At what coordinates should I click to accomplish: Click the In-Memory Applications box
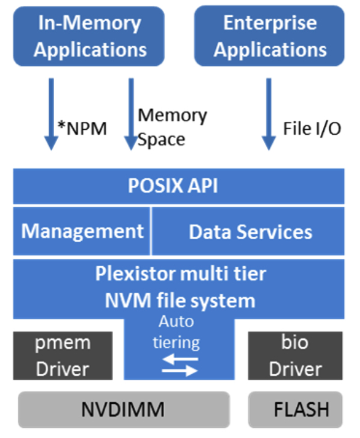pyautogui.click(x=89, y=36)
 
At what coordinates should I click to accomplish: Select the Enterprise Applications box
pyautogui.click(x=269, y=36)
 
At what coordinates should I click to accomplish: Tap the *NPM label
pyautogui.click(x=82, y=129)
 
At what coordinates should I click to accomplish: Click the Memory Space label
pyautogui.click(x=172, y=127)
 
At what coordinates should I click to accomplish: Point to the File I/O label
pyautogui.click(x=312, y=129)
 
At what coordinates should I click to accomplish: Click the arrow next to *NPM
pyautogui.click(x=52, y=114)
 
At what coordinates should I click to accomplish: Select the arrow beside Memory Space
pyautogui.click(x=131, y=114)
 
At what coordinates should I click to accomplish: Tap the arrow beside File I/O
pyautogui.click(x=269, y=114)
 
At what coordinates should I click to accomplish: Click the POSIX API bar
pyautogui.click(x=179, y=186)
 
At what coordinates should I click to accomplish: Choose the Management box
pyautogui.click(x=82, y=231)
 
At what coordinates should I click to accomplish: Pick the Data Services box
pyautogui.click(x=248, y=231)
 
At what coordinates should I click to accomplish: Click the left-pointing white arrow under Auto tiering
pyautogui.click(x=180, y=359)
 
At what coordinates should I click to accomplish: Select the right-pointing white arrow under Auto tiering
pyautogui.click(x=180, y=371)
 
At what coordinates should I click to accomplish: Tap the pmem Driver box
pyautogui.click(x=63, y=356)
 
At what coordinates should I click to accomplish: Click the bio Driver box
pyautogui.click(x=295, y=356)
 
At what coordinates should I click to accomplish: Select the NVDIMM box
pyautogui.click(x=124, y=410)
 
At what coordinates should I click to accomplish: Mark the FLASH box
pyautogui.click(x=295, y=410)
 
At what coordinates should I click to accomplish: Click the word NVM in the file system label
pyautogui.click(x=128, y=301)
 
